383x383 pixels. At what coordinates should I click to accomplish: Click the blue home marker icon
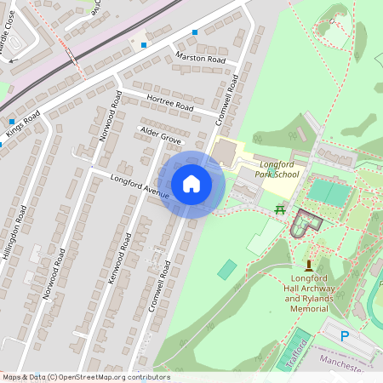pyautogui.click(x=191, y=183)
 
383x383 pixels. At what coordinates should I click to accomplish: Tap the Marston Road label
pyautogui.click(x=200, y=60)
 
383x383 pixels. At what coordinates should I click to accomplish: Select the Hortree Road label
pyautogui.click(x=171, y=103)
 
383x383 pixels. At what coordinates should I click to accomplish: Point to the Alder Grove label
pyautogui.click(x=160, y=136)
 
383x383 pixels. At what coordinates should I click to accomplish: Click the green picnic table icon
pyautogui.click(x=279, y=208)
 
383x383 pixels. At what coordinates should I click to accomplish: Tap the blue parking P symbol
pyautogui.click(x=346, y=336)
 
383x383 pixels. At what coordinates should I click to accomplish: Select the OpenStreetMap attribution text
pyautogui.click(x=85, y=377)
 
